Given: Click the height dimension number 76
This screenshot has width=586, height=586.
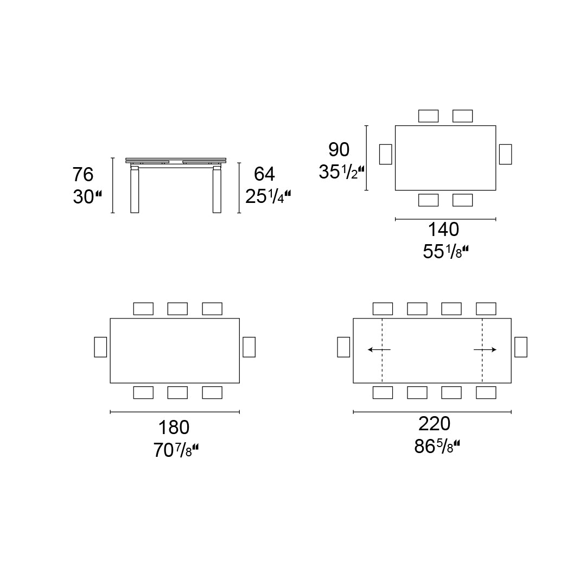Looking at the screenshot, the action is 83,175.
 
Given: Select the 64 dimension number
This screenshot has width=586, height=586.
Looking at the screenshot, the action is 264,174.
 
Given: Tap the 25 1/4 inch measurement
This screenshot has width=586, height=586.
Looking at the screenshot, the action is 267,196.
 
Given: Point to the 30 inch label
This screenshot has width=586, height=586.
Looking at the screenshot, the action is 87,197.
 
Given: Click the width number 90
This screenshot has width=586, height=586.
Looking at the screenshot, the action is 339,150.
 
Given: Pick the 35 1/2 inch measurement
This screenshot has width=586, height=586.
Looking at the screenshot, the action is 341,172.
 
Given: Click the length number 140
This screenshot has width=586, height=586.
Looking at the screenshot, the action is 443,230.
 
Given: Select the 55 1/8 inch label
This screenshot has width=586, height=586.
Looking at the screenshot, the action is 445,252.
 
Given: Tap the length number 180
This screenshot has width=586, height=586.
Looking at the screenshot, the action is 174,428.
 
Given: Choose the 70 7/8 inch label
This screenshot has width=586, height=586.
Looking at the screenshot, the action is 176,450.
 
